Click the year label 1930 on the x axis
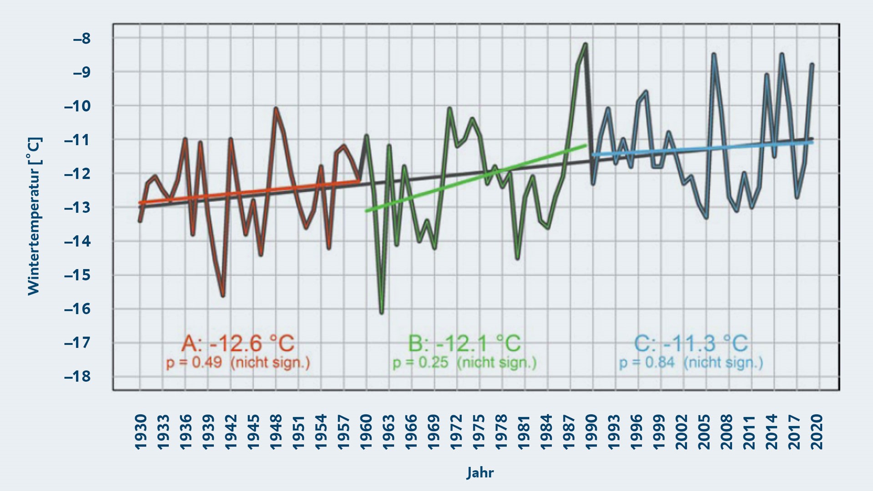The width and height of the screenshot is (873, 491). pos(141,431)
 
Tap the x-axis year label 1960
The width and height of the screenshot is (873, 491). pos(366,431)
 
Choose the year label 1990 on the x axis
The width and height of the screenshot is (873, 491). pos(591,431)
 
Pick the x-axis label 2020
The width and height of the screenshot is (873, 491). pos(817,431)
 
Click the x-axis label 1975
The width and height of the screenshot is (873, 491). pos(479,431)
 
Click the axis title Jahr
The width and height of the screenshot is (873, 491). pos(480,473)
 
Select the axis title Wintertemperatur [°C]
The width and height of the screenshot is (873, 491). pos(34,216)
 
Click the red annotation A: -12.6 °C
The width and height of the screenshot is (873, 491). pos(238,343)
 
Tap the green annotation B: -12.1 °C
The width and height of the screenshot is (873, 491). pos(464,343)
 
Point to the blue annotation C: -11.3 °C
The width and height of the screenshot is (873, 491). pos(691,343)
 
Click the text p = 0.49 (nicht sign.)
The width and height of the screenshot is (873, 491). pos(238,363)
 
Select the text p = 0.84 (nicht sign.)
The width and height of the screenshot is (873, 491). pos(691,363)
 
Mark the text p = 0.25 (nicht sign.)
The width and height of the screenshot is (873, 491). pos(464,363)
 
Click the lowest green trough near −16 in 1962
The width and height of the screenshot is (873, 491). pos(382,312)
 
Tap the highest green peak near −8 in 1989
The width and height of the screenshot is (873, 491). pos(585,45)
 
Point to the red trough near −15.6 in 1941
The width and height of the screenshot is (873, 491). pos(223,296)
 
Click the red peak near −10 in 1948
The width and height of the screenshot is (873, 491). pos(276,109)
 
